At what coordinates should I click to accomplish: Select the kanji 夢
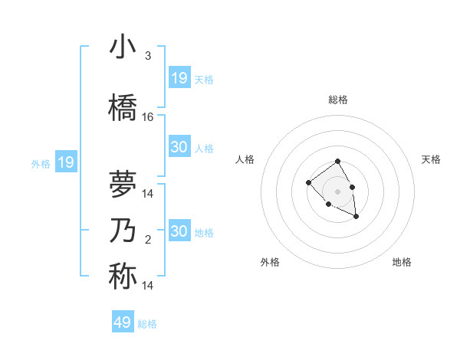coord(123,185)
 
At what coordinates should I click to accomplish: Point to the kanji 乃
coord(123,231)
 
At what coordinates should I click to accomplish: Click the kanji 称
coord(123,277)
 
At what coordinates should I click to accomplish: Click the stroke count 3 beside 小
coord(148,56)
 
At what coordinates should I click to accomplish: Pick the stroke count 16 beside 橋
coord(148,117)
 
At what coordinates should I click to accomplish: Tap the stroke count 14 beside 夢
coord(148,194)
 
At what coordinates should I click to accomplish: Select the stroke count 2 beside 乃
coord(148,240)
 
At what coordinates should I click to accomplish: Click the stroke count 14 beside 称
coord(148,286)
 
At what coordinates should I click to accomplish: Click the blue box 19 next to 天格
coord(179,78)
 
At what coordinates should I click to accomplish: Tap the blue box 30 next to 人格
coord(179,147)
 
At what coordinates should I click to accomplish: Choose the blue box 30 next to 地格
coord(179,231)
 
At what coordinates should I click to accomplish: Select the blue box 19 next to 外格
coord(66,162)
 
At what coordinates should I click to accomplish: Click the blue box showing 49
coord(123,322)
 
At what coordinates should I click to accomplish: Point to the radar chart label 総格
coord(338,100)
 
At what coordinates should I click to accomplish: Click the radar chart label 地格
coord(402,263)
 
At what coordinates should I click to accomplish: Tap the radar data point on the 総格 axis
coord(337,162)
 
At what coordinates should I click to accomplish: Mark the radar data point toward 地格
coord(356,218)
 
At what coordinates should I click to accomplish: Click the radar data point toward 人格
coord(308,182)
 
